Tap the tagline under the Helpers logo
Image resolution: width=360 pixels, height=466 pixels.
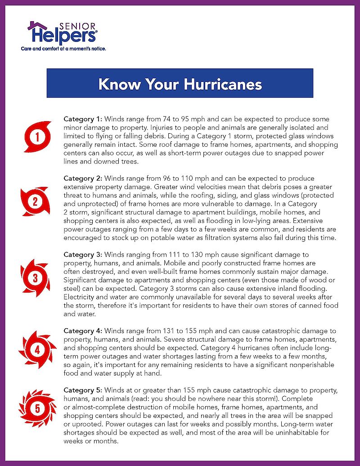click(x=63, y=48)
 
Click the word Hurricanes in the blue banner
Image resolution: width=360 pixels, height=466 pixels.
click(x=220, y=84)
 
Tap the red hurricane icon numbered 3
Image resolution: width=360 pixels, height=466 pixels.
click(x=35, y=278)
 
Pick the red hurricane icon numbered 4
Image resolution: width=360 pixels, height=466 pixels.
click(x=37, y=349)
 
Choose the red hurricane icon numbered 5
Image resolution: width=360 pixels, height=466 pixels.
click(x=37, y=408)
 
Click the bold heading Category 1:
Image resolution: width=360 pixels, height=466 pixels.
click(x=83, y=119)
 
